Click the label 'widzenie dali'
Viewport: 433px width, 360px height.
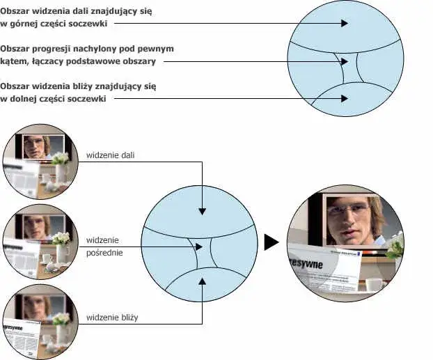point(110,155)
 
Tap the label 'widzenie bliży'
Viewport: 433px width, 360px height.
point(112,318)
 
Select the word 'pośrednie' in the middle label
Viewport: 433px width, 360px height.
point(105,252)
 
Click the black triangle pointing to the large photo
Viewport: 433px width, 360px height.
point(271,242)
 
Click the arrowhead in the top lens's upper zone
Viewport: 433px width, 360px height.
point(343,23)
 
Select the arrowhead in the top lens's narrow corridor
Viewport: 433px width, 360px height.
point(343,61)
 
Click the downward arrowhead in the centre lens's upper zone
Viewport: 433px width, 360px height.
point(201,210)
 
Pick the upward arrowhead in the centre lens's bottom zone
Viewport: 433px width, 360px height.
point(201,280)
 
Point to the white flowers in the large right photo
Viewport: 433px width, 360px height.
point(395,244)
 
